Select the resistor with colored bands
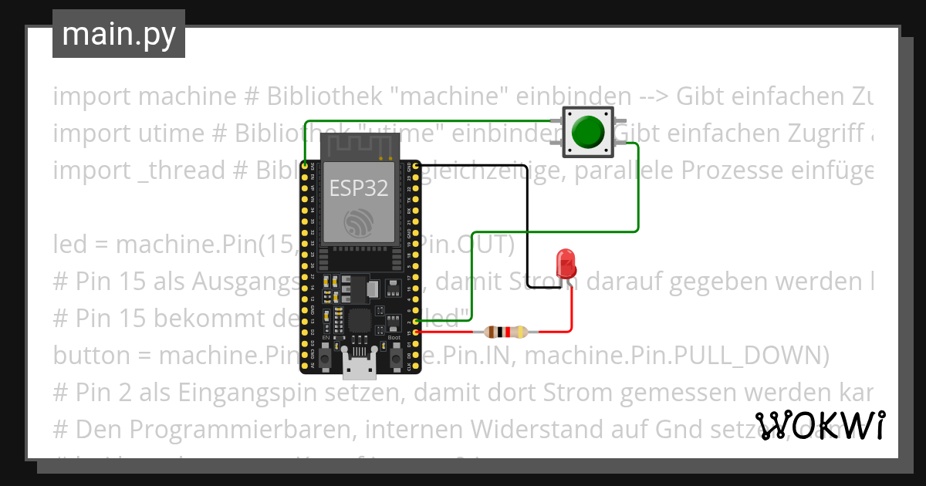(x=505, y=332)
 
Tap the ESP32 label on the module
(x=358, y=187)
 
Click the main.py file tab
(x=119, y=34)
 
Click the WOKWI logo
(x=820, y=425)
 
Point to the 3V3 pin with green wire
(x=306, y=166)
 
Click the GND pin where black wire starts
(x=416, y=166)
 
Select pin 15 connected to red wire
(x=417, y=332)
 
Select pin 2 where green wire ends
(x=417, y=321)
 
